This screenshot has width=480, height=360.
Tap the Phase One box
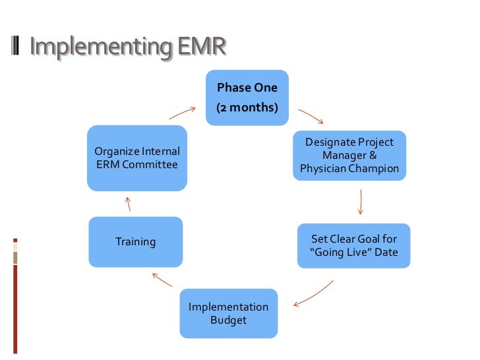[247, 97]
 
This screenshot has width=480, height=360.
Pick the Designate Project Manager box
[349, 156]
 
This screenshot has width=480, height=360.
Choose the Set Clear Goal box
[353, 245]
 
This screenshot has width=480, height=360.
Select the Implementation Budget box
[229, 313]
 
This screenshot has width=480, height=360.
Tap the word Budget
[229, 320]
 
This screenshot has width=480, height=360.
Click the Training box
[136, 242]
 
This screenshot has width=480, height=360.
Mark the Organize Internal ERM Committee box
[137, 158]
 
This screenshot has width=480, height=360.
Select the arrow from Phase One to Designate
[311, 116]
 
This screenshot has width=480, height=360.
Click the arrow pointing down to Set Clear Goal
[361, 202]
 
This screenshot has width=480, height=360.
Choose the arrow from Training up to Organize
[129, 203]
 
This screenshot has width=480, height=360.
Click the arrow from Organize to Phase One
[184, 112]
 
